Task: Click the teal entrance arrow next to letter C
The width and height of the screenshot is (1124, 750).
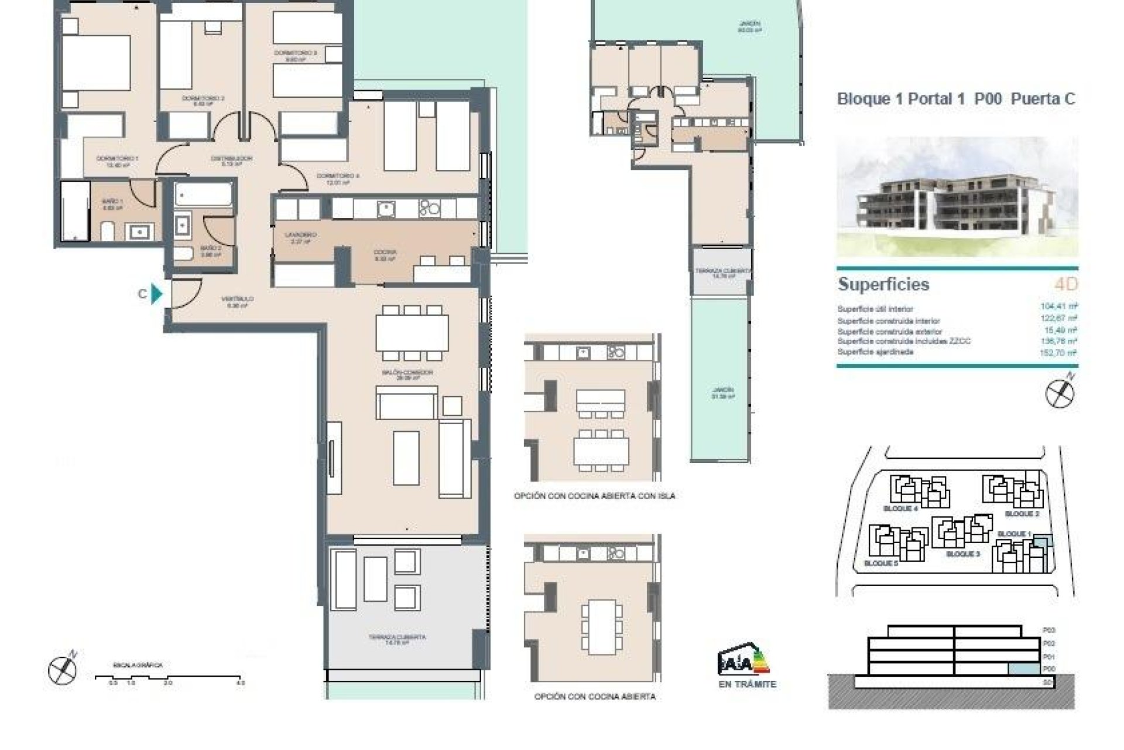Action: [156, 294]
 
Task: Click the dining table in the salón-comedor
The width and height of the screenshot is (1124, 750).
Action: [412, 332]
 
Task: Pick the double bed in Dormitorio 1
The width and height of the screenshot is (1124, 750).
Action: [97, 63]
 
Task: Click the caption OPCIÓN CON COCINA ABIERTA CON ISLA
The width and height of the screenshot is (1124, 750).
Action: [594, 496]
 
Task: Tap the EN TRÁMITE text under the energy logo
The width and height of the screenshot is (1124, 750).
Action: [747, 684]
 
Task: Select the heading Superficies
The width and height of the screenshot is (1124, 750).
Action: [883, 284]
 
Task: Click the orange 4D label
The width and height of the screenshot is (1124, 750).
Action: [1065, 284]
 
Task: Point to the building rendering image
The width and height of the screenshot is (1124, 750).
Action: [957, 196]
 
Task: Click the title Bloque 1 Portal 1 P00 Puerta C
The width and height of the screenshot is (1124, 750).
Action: [956, 98]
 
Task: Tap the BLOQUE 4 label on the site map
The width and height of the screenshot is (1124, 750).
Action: [900, 509]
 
